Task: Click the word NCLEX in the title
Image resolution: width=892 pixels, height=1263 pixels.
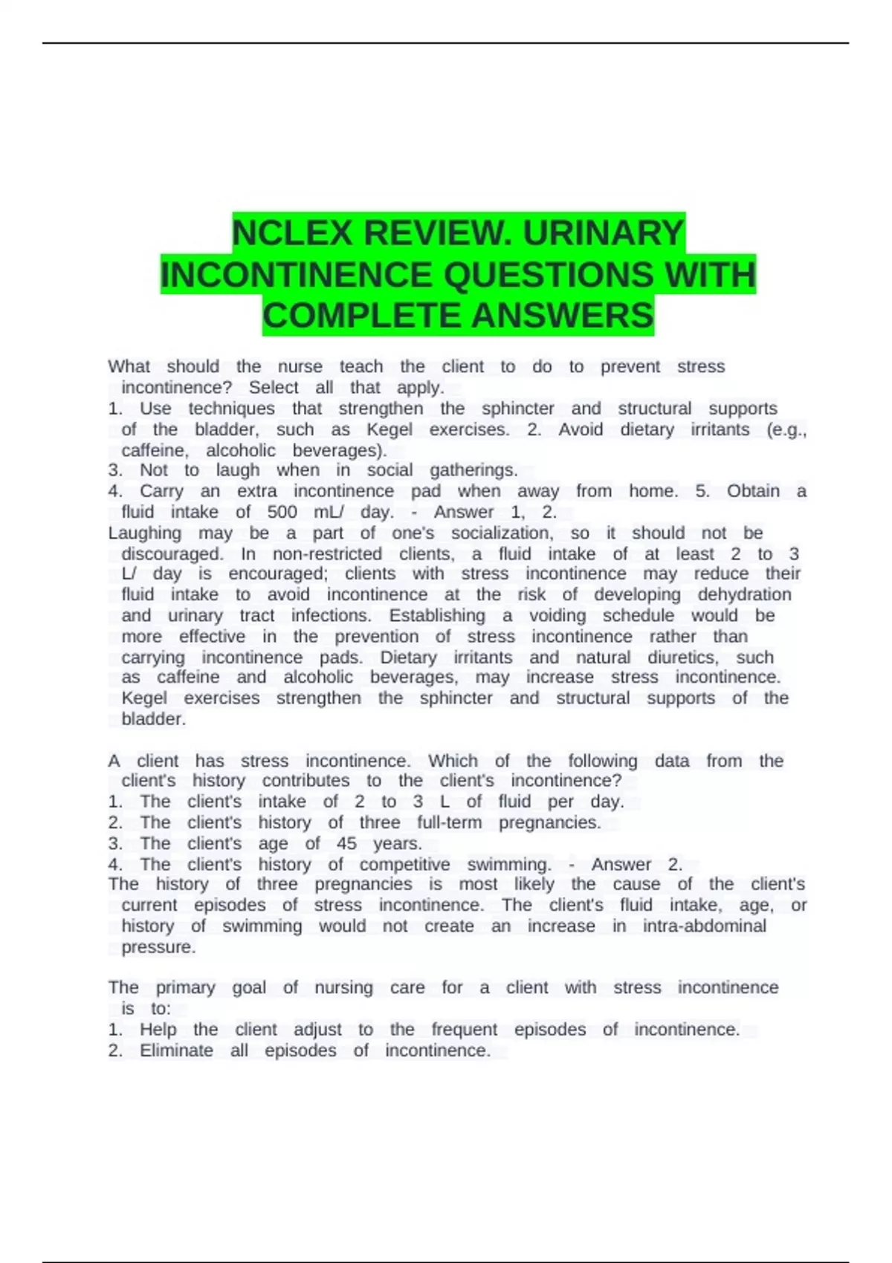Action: pos(292,233)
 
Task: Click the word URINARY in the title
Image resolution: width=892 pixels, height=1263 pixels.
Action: pos(603,233)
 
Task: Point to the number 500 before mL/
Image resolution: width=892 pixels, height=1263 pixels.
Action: pos(282,512)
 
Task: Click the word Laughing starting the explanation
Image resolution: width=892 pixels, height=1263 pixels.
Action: pos(144,533)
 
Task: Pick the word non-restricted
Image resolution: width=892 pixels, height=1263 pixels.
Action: pos(327,554)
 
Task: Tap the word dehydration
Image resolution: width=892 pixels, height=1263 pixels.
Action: pos(744,594)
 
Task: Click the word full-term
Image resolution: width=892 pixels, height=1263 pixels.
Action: pos(449,822)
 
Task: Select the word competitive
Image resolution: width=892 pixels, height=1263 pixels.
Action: pos(404,864)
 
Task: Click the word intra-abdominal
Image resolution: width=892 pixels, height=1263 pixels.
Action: pos(704,926)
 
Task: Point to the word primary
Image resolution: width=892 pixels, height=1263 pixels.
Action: pos(185,987)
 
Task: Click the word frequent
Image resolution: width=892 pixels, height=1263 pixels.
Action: pos(465,1030)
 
